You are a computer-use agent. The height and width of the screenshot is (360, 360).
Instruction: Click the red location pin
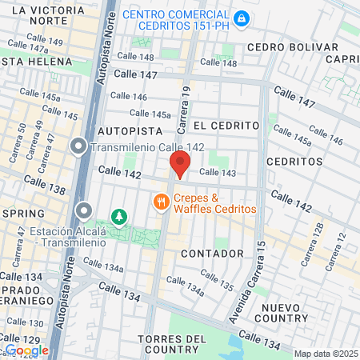coord(180,163)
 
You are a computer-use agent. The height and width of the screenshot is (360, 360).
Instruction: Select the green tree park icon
coord(118,216)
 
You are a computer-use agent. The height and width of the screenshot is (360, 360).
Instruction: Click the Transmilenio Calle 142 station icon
coord(78,146)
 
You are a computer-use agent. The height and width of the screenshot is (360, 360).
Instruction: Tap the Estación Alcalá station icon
coord(84,211)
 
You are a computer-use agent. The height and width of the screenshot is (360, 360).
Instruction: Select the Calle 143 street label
coord(218,172)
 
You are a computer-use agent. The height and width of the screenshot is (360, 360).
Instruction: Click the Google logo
coord(27,350)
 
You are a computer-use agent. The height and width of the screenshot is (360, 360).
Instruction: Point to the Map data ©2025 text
coord(324,354)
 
